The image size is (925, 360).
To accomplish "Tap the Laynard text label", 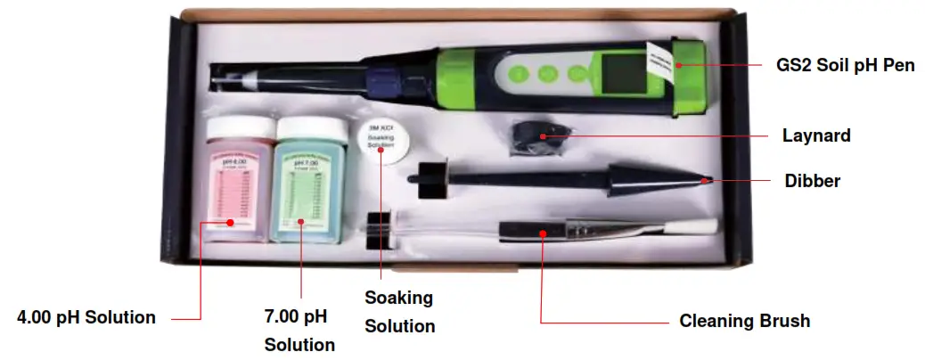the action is pos(816,136).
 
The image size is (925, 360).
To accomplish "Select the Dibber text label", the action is pos(813,181).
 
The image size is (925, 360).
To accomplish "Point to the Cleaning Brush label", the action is pos(745,321).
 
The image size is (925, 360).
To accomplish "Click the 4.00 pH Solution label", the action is pos(87,317).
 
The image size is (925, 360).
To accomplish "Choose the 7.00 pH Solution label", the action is pos(299,330).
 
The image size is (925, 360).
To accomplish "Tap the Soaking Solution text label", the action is pos(399,311).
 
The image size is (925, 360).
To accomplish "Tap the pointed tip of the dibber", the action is pos(708,179).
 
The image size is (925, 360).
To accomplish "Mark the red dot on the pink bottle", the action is pos(230,223).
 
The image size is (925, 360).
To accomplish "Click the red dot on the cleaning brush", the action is pos(542,233).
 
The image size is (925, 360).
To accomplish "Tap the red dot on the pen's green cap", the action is pos(677,63).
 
